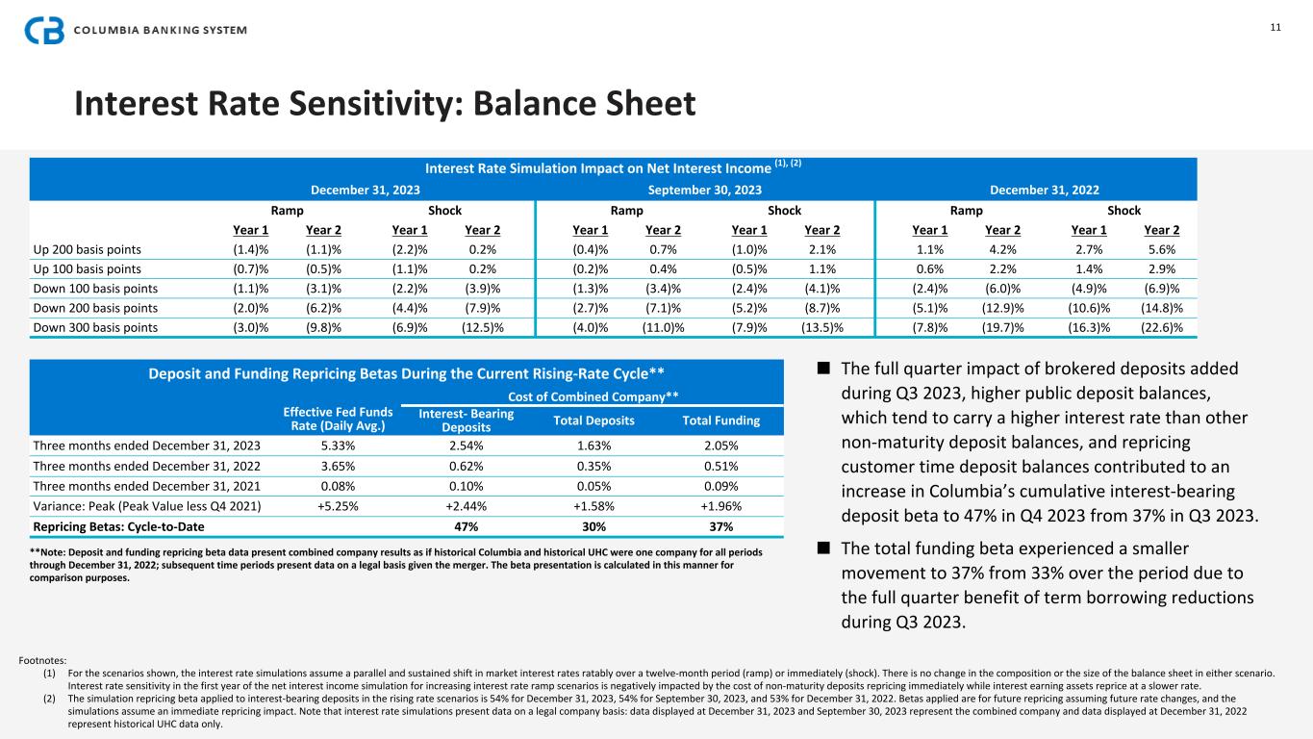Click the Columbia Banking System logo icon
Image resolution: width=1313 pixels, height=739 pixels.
tap(45, 30)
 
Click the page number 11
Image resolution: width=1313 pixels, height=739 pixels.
tap(1275, 27)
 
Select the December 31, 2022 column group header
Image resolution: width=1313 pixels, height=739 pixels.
tap(1036, 190)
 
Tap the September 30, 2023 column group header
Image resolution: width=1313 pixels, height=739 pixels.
tap(706, 190)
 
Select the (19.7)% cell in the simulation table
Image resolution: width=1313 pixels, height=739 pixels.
tap(1000, 328)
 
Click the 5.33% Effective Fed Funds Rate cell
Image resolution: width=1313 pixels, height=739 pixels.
tap(331, 445)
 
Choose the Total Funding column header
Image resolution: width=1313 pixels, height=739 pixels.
tap(720, 420)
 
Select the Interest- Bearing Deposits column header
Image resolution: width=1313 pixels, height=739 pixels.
tap(467, 420)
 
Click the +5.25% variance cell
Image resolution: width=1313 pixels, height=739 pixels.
tap(331, 507)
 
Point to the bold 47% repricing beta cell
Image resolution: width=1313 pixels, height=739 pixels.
tap(466, 526)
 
